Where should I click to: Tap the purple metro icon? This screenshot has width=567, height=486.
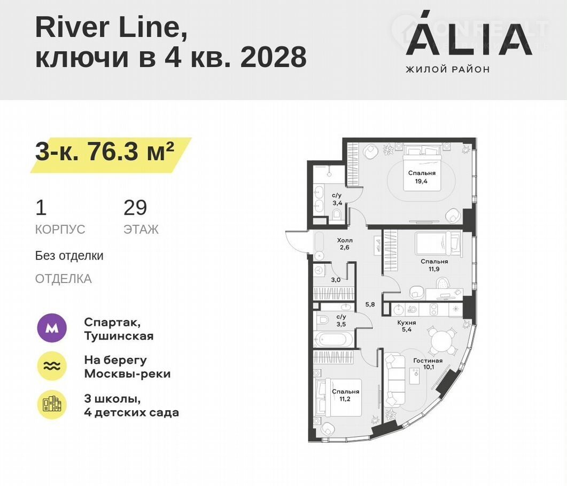tap(52, 328)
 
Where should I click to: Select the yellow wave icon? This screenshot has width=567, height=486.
tap(52, 366)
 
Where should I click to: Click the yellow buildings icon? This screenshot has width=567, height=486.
tap(52, 405)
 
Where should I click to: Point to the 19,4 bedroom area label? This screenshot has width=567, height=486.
tap(421, 182)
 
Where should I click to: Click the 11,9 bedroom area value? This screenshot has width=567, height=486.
tap(434, 269)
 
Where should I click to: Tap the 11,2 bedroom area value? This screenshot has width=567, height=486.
tap(345, 399)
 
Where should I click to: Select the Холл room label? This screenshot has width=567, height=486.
tap(345, 240)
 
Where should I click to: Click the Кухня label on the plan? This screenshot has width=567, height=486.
tap(407, 323)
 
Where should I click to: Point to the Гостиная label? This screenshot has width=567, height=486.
tap(428, 360)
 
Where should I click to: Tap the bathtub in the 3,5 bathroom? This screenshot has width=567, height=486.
tap(334, 340)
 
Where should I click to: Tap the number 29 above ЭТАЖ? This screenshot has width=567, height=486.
tap(135, 208)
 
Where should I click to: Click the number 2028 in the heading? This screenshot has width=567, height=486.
tap(274, 57)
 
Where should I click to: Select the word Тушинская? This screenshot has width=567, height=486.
tap(119, 336)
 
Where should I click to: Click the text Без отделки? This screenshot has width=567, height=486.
tap(69, 256)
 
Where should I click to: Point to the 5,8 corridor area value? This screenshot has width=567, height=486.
tap(370, 304)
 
